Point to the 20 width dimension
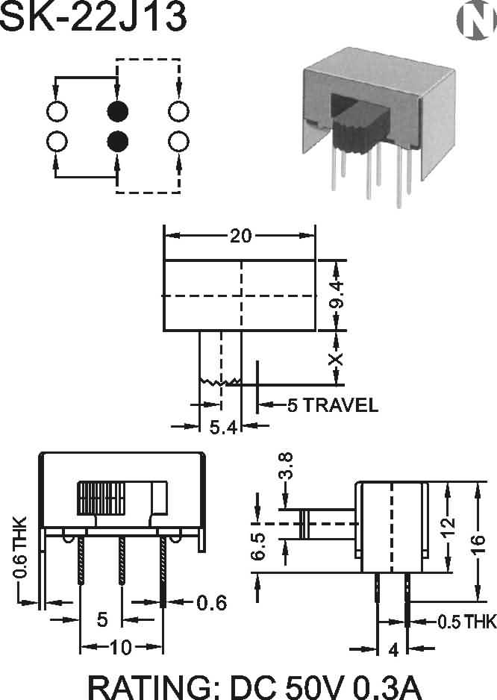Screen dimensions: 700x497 [x=240, y=236]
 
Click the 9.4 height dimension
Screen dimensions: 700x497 [x=337, y=296]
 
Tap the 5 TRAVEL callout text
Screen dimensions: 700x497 [x=333, y=405]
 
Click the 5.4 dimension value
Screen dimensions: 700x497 [x=222, y=427]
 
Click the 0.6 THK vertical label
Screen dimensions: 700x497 [x=20, y=548]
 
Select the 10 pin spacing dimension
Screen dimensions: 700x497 [x=121, y=648]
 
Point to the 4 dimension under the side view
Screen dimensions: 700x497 [x=393, y=649]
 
